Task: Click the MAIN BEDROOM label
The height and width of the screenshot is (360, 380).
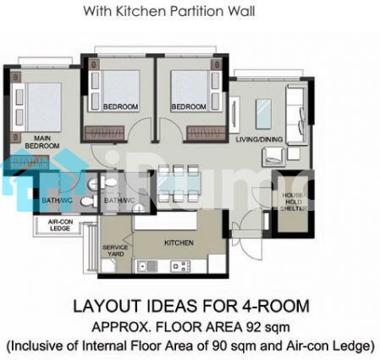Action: (42, 142)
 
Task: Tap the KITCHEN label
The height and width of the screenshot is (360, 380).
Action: (179, 242)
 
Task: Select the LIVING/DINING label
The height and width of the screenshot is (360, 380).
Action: (259, 140)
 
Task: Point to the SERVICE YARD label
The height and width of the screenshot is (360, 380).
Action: (115, 251)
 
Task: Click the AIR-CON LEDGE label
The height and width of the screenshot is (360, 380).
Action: (60, 224)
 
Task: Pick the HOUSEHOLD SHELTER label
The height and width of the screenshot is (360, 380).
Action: (294, 202)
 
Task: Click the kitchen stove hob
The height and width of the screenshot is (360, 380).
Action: (180, 266)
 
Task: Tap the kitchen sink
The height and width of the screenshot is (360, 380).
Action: (147, 266)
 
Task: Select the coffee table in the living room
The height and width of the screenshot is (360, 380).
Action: (263, 114)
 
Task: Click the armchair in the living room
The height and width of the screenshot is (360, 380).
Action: (273, 157)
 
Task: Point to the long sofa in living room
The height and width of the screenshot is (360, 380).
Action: (296, 114)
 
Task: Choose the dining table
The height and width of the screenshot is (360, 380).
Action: (179, 184)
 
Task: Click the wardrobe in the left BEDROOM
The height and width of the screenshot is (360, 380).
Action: (105, 133)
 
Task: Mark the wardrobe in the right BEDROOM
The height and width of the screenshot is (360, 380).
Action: (207, 133)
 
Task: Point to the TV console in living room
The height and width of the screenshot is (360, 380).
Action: (234, 115)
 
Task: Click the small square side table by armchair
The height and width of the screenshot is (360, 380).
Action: (294, 153)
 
